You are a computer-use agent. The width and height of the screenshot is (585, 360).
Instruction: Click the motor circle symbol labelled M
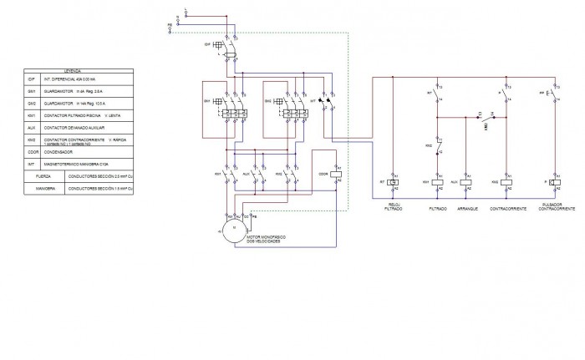233,228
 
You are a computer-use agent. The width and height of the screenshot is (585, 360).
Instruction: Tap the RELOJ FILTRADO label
393,206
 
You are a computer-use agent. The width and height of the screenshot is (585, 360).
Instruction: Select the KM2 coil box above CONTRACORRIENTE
507,180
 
